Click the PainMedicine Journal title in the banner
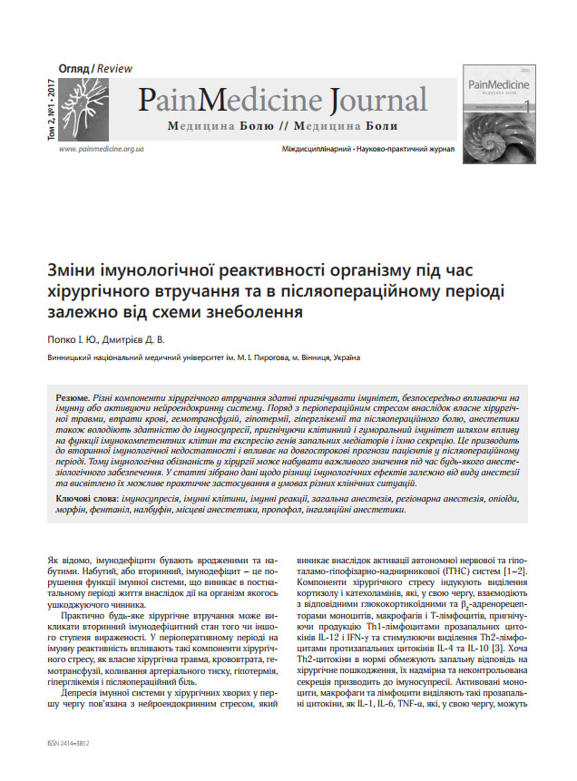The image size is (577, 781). pyautogui.click(x=282, y=99)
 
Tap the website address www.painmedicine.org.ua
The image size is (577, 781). pyautogui.click(x=101, y=148)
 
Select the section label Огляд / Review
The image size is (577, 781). pyautogui.click(x=95, y=69)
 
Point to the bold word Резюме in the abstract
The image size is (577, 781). pyautogui.click(x=72, y=398)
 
